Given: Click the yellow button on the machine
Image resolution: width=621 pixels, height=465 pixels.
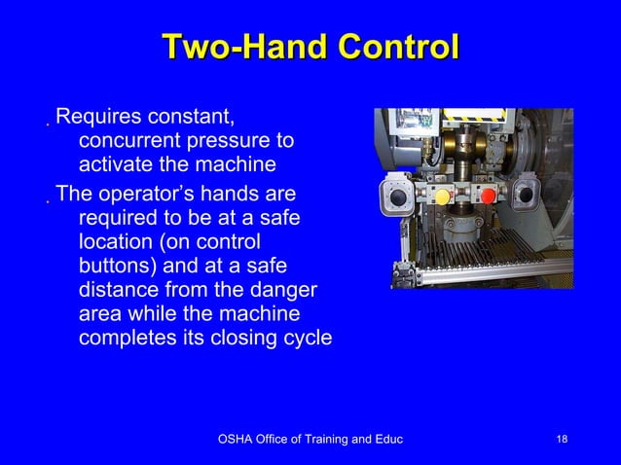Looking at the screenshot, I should [442, 197].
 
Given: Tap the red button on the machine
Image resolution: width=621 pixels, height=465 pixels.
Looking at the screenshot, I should [488, 197].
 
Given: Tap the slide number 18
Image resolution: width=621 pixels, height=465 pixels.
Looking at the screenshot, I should [562, 441].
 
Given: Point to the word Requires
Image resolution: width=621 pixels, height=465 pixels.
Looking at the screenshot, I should [97, 119].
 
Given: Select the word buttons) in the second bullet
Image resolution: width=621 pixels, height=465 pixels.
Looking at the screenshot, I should [117, 266].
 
